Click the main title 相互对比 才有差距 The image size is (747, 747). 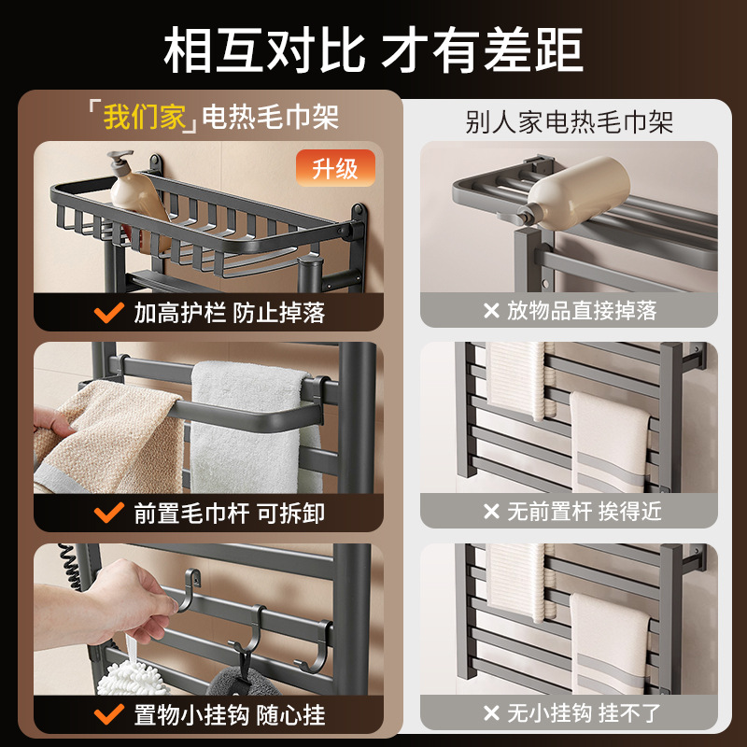(373, 49)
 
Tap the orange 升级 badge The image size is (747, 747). (335, 169)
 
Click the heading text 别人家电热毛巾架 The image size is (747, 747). (569, 121)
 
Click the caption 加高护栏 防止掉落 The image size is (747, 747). (229, 313)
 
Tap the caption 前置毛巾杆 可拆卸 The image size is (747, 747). (229, 513)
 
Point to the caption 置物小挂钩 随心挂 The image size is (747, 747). (229, 715)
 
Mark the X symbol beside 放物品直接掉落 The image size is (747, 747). (491, 310)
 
